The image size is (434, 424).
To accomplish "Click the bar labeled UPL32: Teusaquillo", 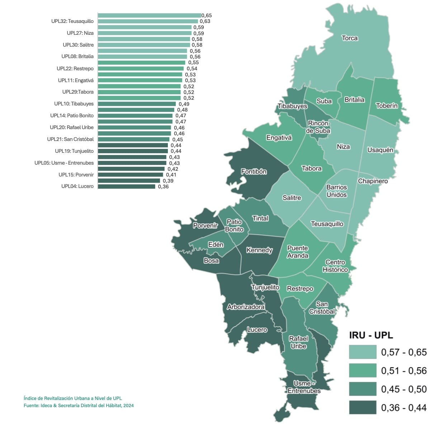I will coord(148,22).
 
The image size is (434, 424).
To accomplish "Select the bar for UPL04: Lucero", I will coord(126,187).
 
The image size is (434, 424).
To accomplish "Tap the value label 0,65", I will coord(207,15).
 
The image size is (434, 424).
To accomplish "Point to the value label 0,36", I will coord(163,187).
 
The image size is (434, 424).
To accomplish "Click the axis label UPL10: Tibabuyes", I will coord(74,104).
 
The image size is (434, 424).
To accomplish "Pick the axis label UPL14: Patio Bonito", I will coord(72,116).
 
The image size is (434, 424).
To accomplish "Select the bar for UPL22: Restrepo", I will coord(141,69).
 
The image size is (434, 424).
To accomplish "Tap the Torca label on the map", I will coord(349,38).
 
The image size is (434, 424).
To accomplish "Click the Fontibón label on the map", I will coord(254,171).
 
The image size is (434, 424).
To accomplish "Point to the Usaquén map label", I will coord(380,150).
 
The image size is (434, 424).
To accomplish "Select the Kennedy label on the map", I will coord(259,250).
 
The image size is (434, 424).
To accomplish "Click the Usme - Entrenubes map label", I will coord(304,387).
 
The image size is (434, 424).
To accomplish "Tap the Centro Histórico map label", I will coord(335,266).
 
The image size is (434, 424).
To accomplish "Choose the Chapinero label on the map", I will coord(373,181).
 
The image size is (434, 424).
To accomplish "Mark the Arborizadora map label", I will coord(246,307).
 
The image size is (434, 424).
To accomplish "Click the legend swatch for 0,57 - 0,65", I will coord(363,352).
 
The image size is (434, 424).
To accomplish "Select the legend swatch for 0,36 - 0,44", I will coord(363,407).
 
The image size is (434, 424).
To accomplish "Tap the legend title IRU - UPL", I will coord(371,335).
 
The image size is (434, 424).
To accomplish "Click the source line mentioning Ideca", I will coord(79,405).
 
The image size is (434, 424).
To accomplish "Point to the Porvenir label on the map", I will coord(205,226).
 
